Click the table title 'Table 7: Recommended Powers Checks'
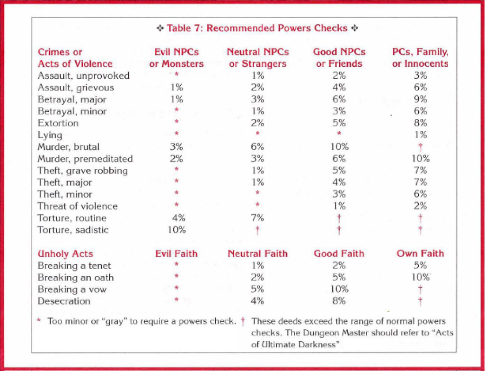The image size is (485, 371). click(x=257, y=28)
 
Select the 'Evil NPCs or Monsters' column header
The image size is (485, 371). click(x=176, y=58)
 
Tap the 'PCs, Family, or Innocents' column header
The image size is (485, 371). click(x=420, y=58)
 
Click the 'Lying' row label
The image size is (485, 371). click(x=50, y=136)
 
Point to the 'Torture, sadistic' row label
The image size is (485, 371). click(x=73, y=230)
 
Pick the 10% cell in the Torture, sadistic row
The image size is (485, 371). click(x=176, y=230)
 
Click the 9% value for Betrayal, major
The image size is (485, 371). click(x=420, y=100)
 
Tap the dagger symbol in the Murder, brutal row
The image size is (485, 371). click(x=420, y=147)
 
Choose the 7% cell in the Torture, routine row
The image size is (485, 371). click(x=257, y=218)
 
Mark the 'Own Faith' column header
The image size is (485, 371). click(x=420, y=253)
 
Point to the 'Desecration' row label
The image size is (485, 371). click(x=64, y=301)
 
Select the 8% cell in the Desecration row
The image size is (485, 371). click(x=339, y=301)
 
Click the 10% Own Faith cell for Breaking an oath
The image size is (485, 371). click(x=420, y=277)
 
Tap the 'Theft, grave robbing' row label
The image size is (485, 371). click(x=83, y=171)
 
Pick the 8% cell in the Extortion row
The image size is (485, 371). click(x=420, y=123)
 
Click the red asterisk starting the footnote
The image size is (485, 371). click(x=39, y=320)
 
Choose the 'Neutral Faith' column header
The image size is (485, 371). click(x=257, y=253)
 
